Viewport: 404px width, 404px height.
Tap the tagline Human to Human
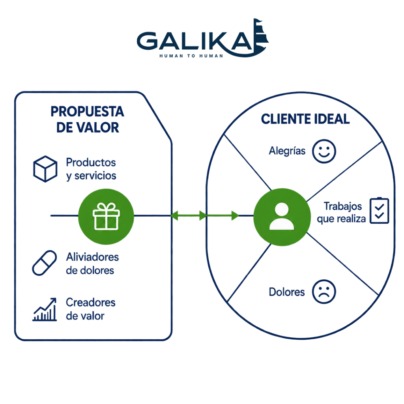191,56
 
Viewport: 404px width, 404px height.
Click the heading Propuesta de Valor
87,119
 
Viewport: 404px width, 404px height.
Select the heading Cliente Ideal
305,119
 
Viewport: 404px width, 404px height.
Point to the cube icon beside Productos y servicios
45,169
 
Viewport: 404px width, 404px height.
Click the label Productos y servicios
91,169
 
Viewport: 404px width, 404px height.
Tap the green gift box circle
106,217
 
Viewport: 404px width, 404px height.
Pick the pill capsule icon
44,263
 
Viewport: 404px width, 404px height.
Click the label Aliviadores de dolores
92,264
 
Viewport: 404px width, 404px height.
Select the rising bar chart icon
44,309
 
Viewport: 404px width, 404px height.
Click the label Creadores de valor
90,309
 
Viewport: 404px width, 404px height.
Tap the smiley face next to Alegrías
324,151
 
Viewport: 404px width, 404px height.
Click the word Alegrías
287,151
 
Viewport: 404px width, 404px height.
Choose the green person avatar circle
282,217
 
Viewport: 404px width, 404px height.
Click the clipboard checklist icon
379,211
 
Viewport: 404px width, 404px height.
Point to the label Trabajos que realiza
341,213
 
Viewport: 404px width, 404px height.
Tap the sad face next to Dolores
324,292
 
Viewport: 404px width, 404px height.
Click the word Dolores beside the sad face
287,292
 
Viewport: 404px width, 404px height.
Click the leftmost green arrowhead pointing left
174,215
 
